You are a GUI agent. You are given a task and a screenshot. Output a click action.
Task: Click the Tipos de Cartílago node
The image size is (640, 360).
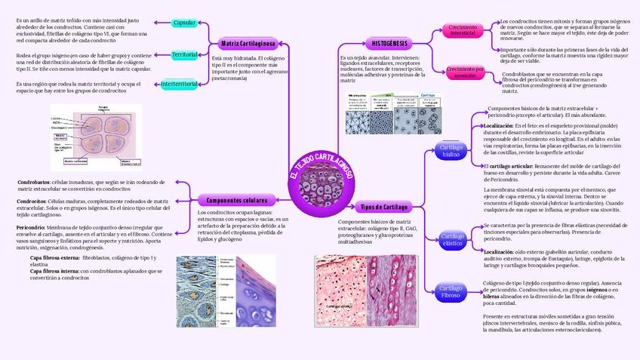(383, 206)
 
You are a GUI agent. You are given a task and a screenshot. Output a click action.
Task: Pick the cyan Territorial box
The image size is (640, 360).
(185, 55)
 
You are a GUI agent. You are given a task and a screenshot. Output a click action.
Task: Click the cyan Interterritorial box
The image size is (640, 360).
(180, 83)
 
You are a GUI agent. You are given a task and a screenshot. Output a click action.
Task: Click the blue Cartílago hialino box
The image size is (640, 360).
(451, 150)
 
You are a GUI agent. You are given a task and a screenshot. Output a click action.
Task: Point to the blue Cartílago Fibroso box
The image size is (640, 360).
(451, 291)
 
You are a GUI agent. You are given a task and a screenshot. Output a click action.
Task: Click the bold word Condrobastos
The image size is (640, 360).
(34, 183)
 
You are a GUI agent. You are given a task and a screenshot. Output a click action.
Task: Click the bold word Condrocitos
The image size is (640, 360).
(32, 202)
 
